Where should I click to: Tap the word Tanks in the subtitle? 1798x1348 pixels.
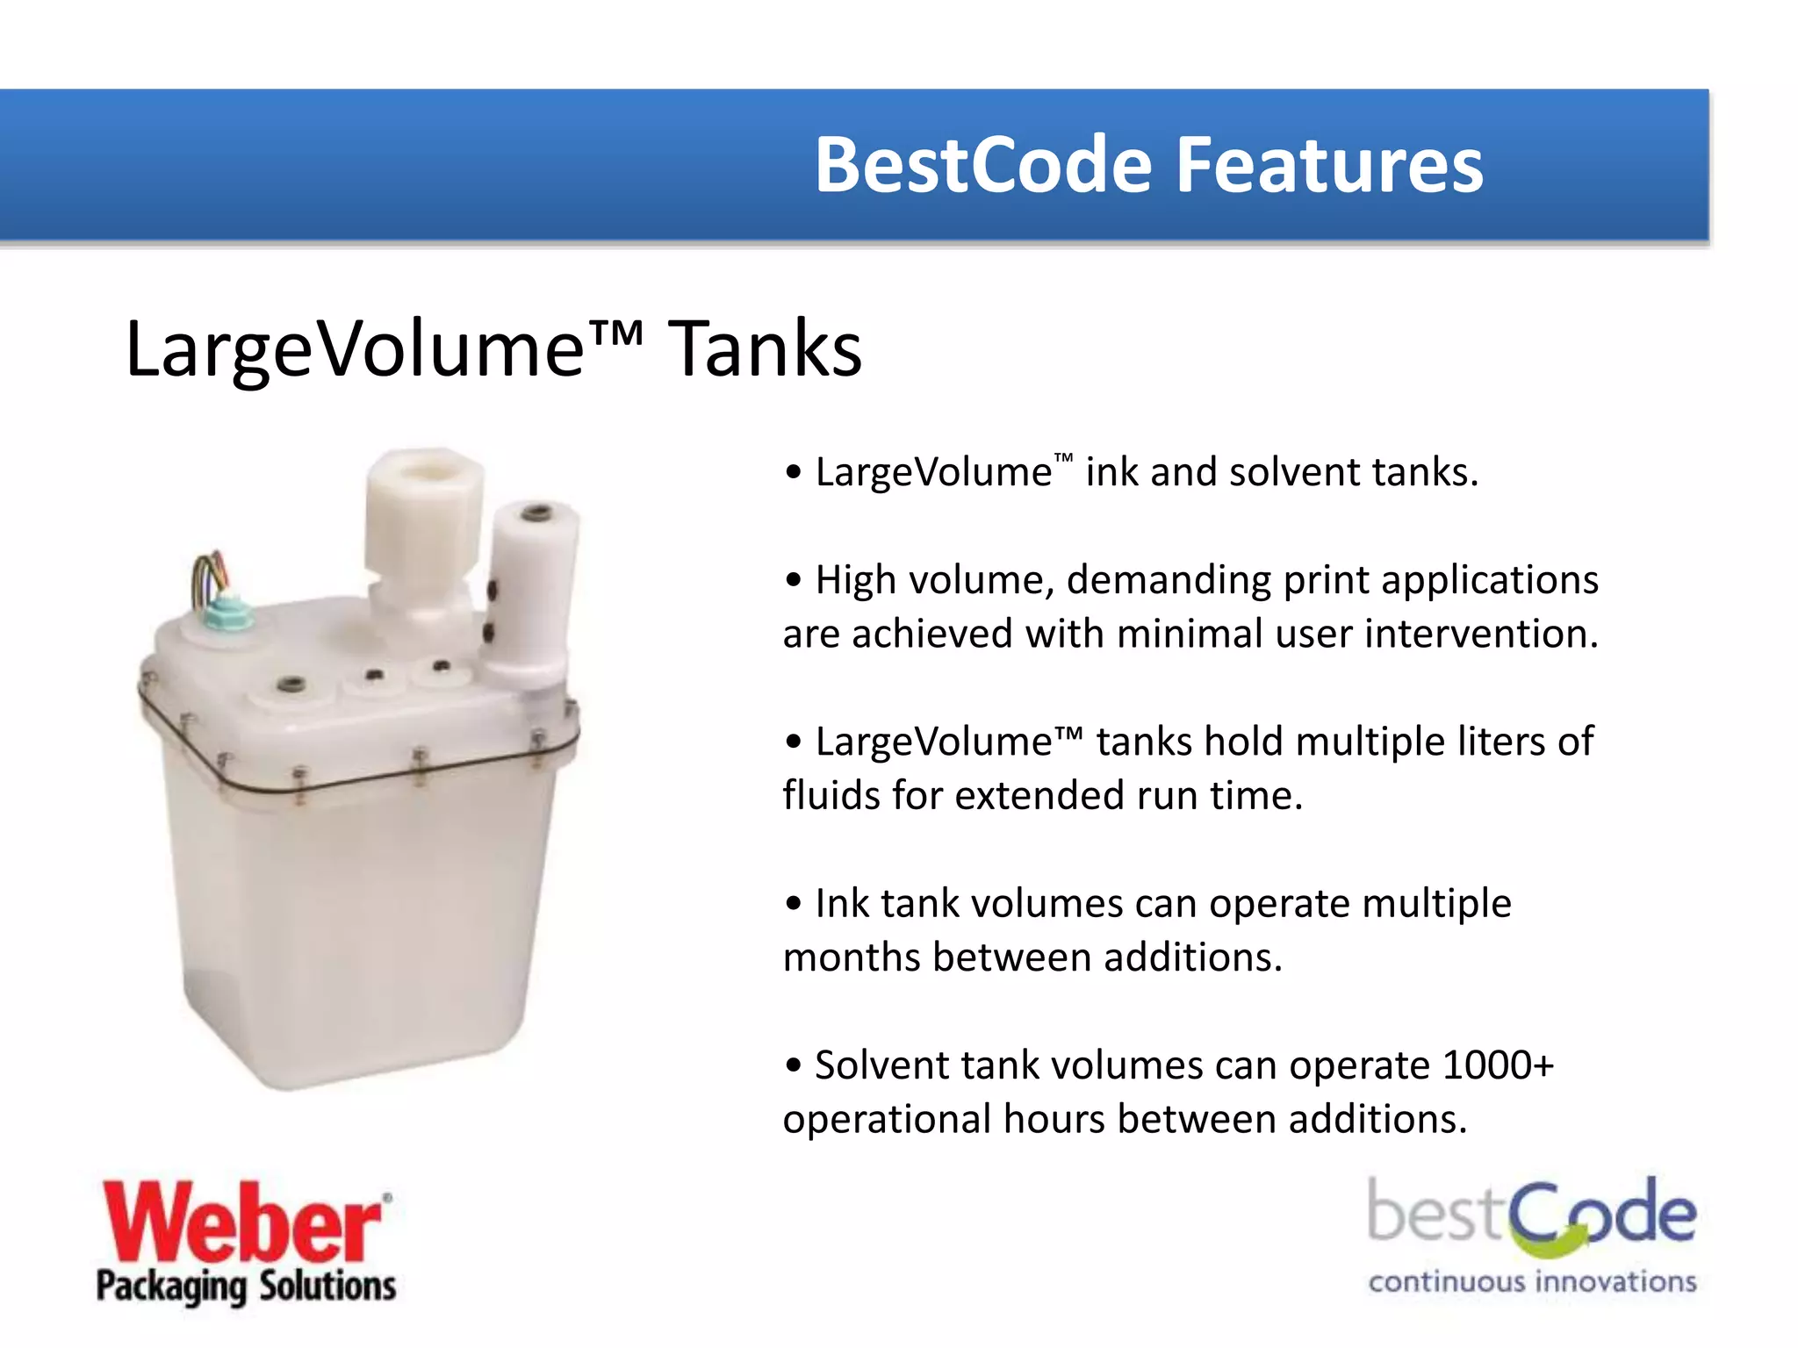tap(766, 349)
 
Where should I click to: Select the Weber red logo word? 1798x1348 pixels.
tap(242, 1222)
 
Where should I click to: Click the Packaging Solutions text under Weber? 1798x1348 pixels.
tap(246, 1287)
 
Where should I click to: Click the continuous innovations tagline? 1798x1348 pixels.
tap(1532, 1282)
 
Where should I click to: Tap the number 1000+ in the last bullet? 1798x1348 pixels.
tap(1498, 1065)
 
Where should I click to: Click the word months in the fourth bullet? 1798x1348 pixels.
tap(852, 957)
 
